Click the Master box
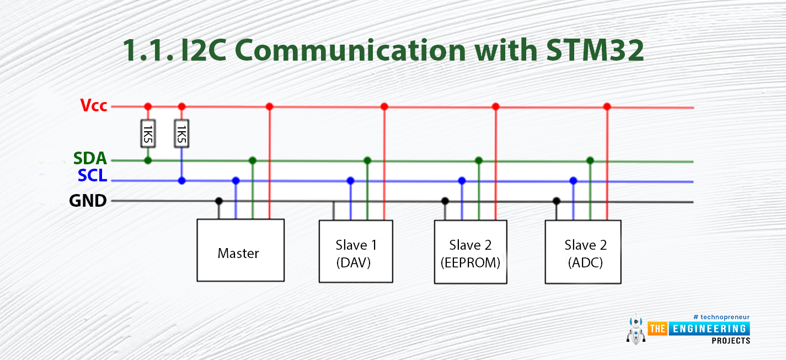[240, 250]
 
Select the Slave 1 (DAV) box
[356, 252]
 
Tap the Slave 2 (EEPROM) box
[470, 252]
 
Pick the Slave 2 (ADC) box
[583, 252]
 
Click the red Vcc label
[94, 105]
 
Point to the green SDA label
[90, 159]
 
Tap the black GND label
[88, 201]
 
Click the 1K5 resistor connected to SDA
[148, 133]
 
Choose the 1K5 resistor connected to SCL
[181, 133]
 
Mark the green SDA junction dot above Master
[253, 160]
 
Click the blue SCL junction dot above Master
[236, 180]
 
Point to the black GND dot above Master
[219, 201]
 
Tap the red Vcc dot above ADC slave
[607, 106]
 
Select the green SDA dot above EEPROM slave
[479, 160]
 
